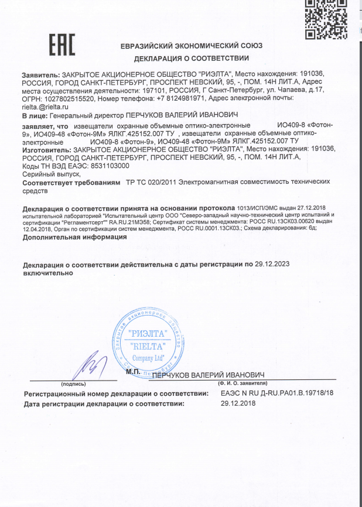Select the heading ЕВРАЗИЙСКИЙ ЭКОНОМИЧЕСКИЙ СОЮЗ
click(192, 45)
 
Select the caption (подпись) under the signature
click(73, 384)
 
